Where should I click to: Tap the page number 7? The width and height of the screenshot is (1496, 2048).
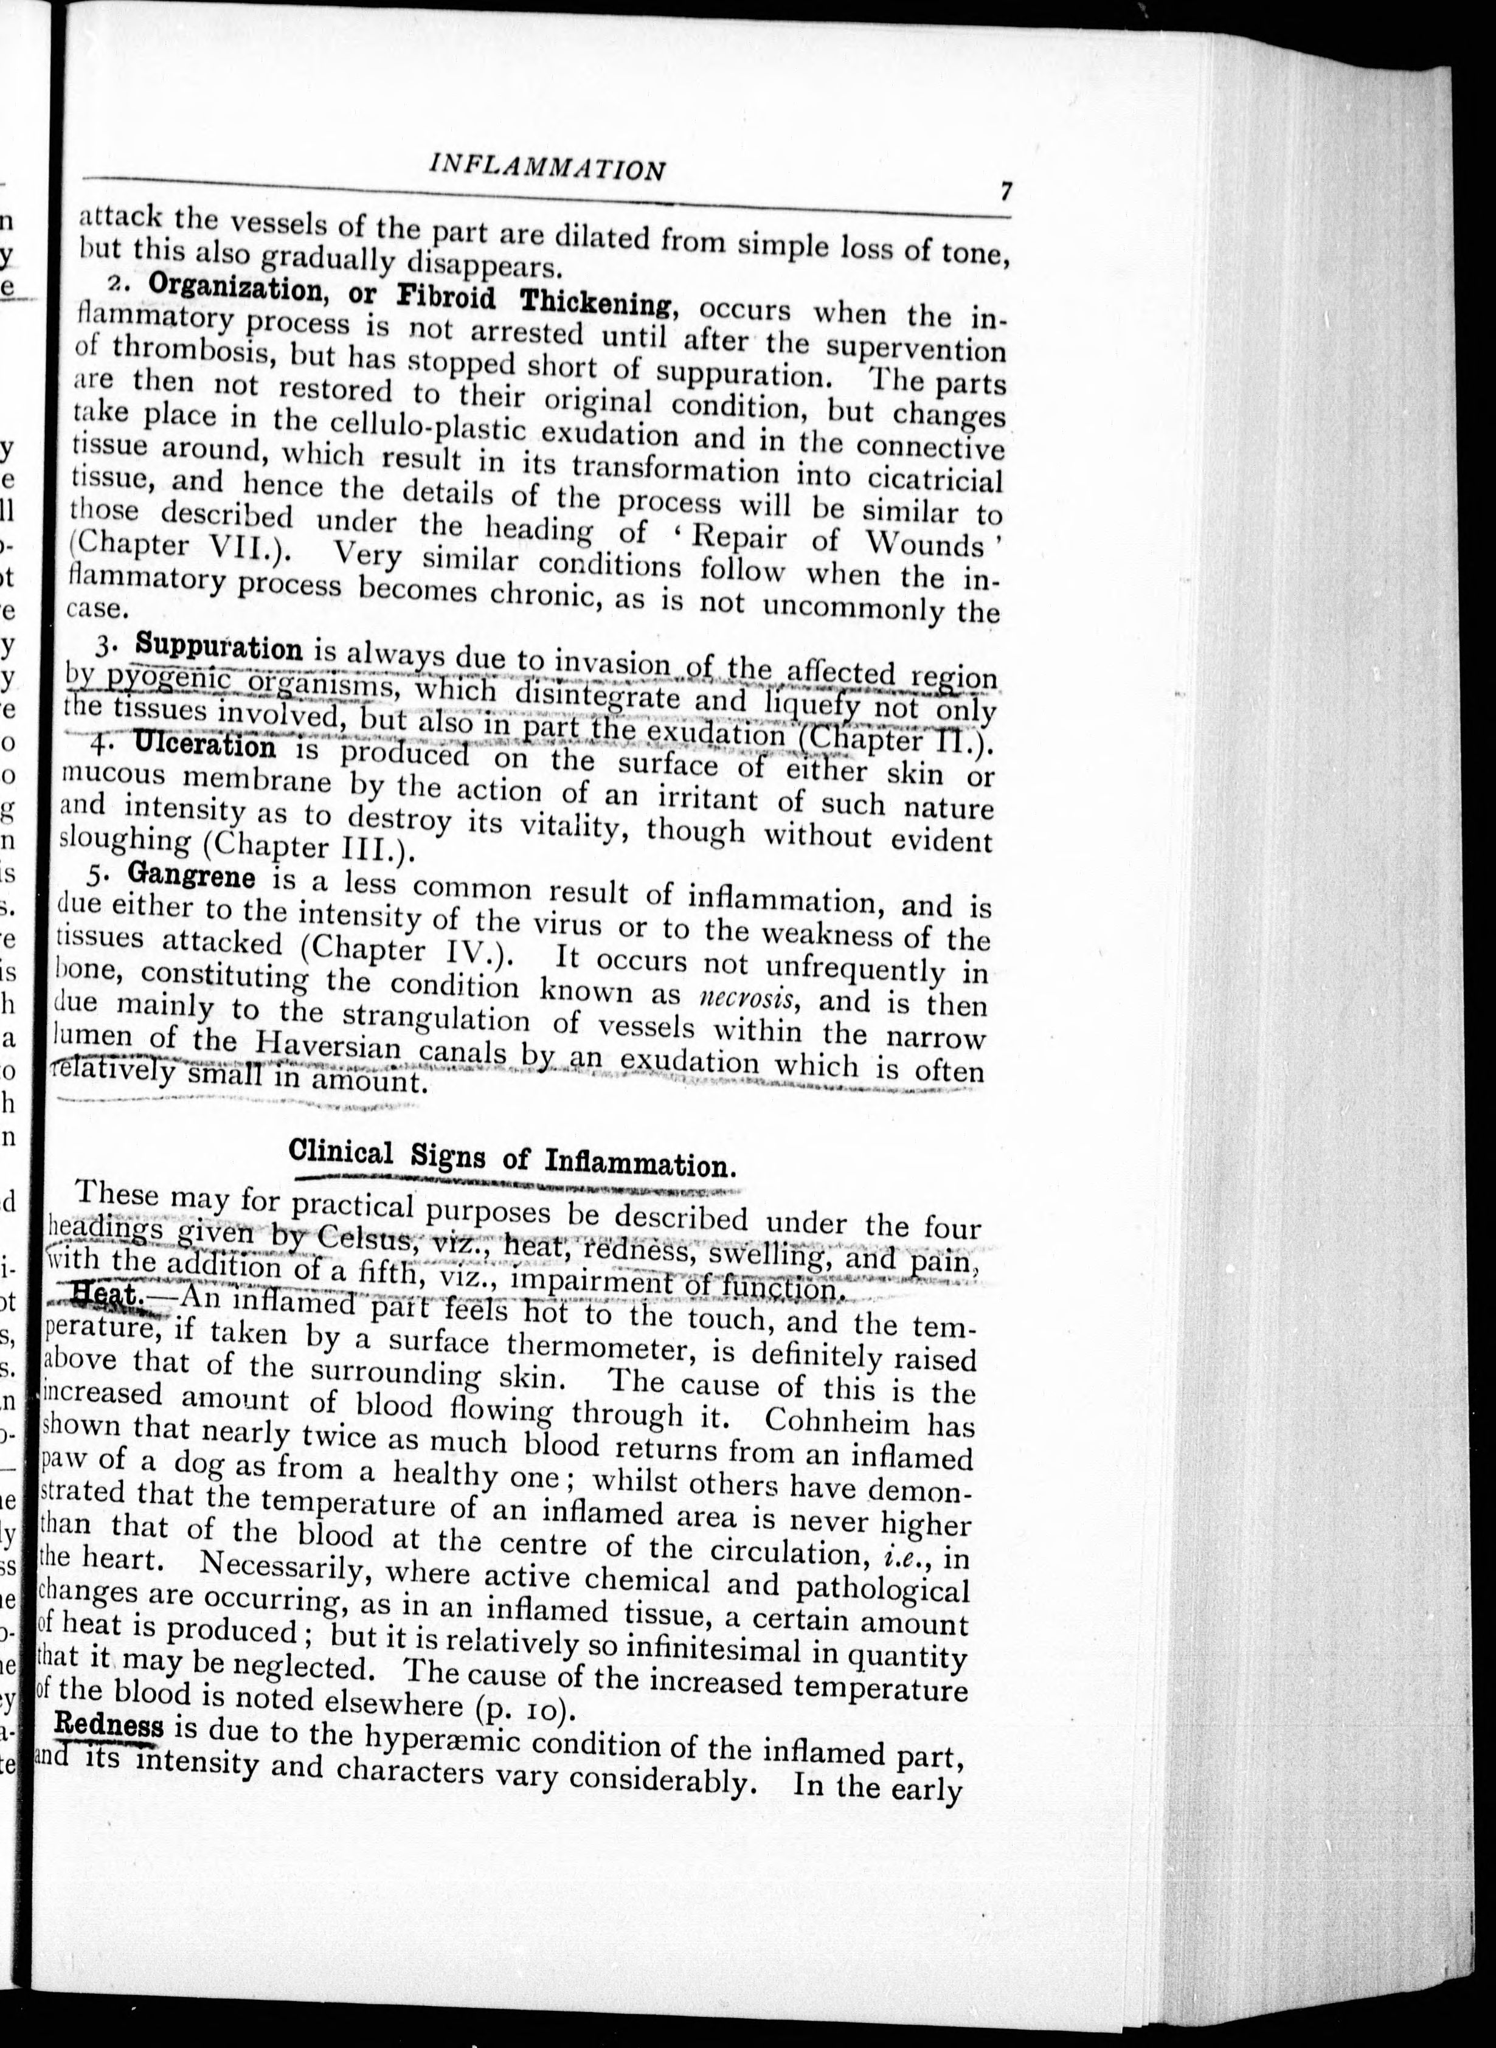1005,192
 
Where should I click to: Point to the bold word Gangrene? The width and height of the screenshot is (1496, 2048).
191,874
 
